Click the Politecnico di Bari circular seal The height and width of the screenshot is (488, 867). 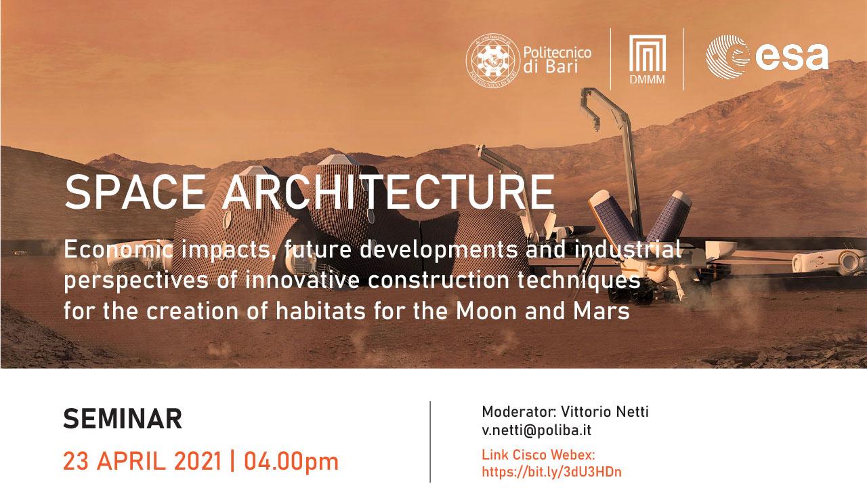492,60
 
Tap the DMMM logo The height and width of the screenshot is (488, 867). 647,60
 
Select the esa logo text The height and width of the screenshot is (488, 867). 792,57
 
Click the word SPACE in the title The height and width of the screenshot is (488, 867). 135,192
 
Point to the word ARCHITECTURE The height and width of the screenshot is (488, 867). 389,192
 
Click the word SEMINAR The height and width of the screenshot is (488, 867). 123,419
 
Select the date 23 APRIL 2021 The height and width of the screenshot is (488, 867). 142,461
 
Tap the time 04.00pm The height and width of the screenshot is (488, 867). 291,462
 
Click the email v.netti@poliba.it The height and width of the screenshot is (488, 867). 536,430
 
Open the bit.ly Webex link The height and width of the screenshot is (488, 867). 551,472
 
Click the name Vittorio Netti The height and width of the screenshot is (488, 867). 605,411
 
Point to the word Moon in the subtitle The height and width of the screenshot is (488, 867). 486,311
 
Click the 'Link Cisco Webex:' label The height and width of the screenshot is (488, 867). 538,455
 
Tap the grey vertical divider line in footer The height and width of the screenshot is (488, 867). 430,442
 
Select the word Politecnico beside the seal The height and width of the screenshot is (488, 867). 557,52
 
